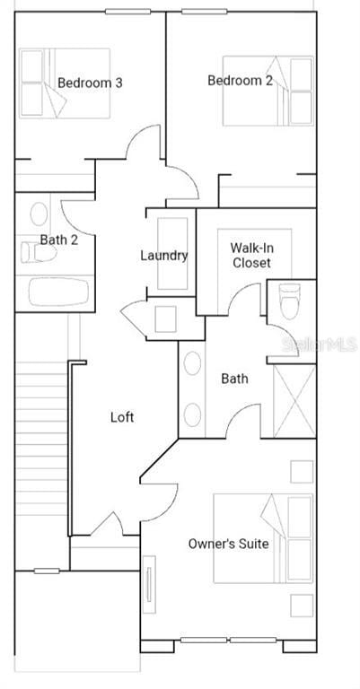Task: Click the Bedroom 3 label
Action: click(90, 83)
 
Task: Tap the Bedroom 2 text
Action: click(240, 81)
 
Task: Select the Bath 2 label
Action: click(59, 240)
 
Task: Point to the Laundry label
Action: click(164, 256)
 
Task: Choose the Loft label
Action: click(122, 417)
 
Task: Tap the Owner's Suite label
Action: click(228, 544)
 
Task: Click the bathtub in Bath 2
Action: click(58, 292)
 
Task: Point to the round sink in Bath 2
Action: click(40, 214)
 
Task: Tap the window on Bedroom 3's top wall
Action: click(127, 12)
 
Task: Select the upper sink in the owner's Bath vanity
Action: click(192, 364)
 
